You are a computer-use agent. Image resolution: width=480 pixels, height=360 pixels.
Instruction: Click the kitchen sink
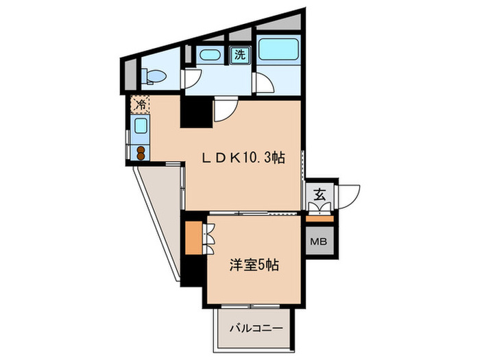[140, 127]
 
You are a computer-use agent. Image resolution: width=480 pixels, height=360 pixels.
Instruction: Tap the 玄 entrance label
[320, 194]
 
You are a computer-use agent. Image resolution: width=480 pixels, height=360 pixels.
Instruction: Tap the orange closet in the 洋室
[194, 237]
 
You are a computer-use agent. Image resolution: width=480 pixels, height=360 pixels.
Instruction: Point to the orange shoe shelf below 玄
[320, 218]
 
